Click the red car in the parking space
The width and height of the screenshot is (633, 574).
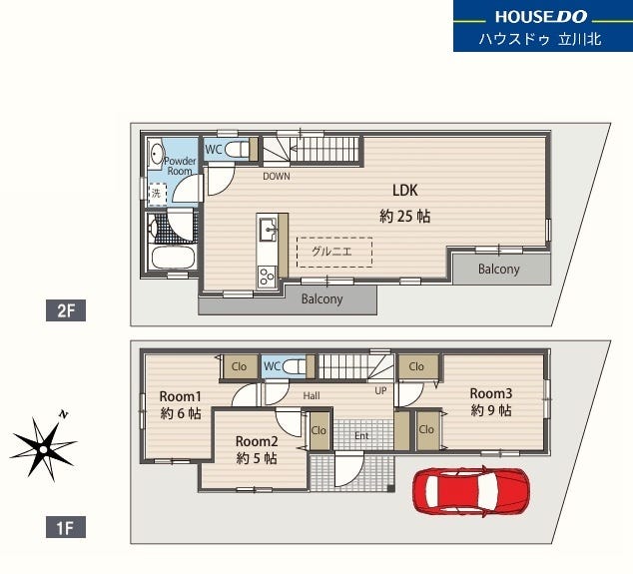coord(470,490)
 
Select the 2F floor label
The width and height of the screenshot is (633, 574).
coord(66,310)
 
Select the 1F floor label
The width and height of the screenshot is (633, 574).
coord(66,527)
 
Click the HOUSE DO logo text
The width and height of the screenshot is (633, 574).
coord(541,17)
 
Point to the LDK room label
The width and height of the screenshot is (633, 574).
coord(405,190)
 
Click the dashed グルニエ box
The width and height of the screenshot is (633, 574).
coord(334,252)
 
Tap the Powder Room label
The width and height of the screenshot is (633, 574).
coord(180,166)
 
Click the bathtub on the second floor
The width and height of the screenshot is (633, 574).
coord(173,258)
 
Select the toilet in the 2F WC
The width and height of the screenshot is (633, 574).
coord(237,150)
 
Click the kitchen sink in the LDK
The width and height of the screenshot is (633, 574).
coord(268,230)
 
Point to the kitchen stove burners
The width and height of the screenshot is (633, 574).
coord(267,277)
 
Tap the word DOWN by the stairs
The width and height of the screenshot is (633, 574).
coord(277,176)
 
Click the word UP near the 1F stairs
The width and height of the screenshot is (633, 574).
coord(380,390)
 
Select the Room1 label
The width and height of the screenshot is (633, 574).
coord(180,396)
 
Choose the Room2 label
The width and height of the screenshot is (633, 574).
coord(257,441)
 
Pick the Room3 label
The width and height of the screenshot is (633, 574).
coord(491,393)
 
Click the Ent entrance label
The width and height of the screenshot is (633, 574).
coord(361,436)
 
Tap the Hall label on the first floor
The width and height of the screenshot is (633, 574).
coord(312,396)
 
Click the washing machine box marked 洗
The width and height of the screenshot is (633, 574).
coord(157,194)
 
